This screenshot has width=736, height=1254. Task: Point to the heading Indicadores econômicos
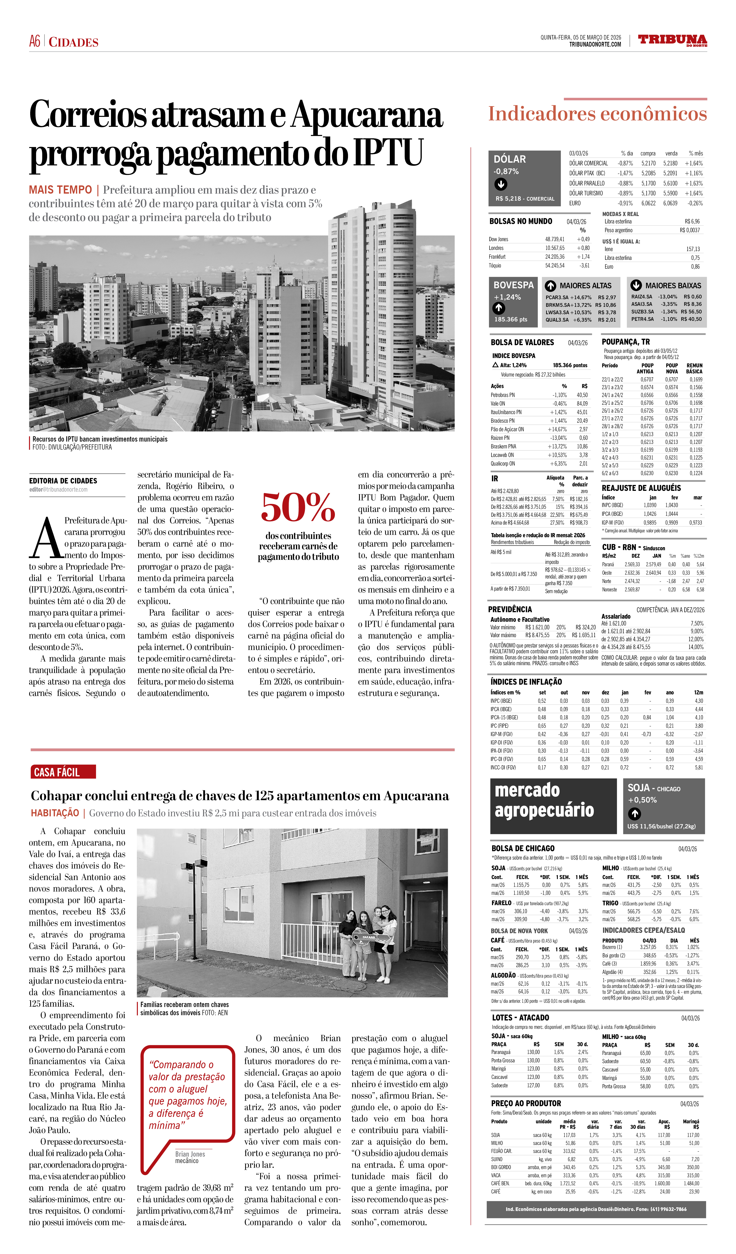(597, 114)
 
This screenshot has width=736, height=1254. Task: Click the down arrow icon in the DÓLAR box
(501, 184)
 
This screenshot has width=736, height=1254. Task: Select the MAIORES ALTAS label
(585, 286)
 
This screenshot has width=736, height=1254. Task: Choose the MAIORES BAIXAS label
(673, 286)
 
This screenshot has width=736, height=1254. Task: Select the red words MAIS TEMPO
(60, 190)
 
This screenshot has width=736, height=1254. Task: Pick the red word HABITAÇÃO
(55, 813)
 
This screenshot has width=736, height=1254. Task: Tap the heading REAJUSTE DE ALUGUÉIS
(641, 488)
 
